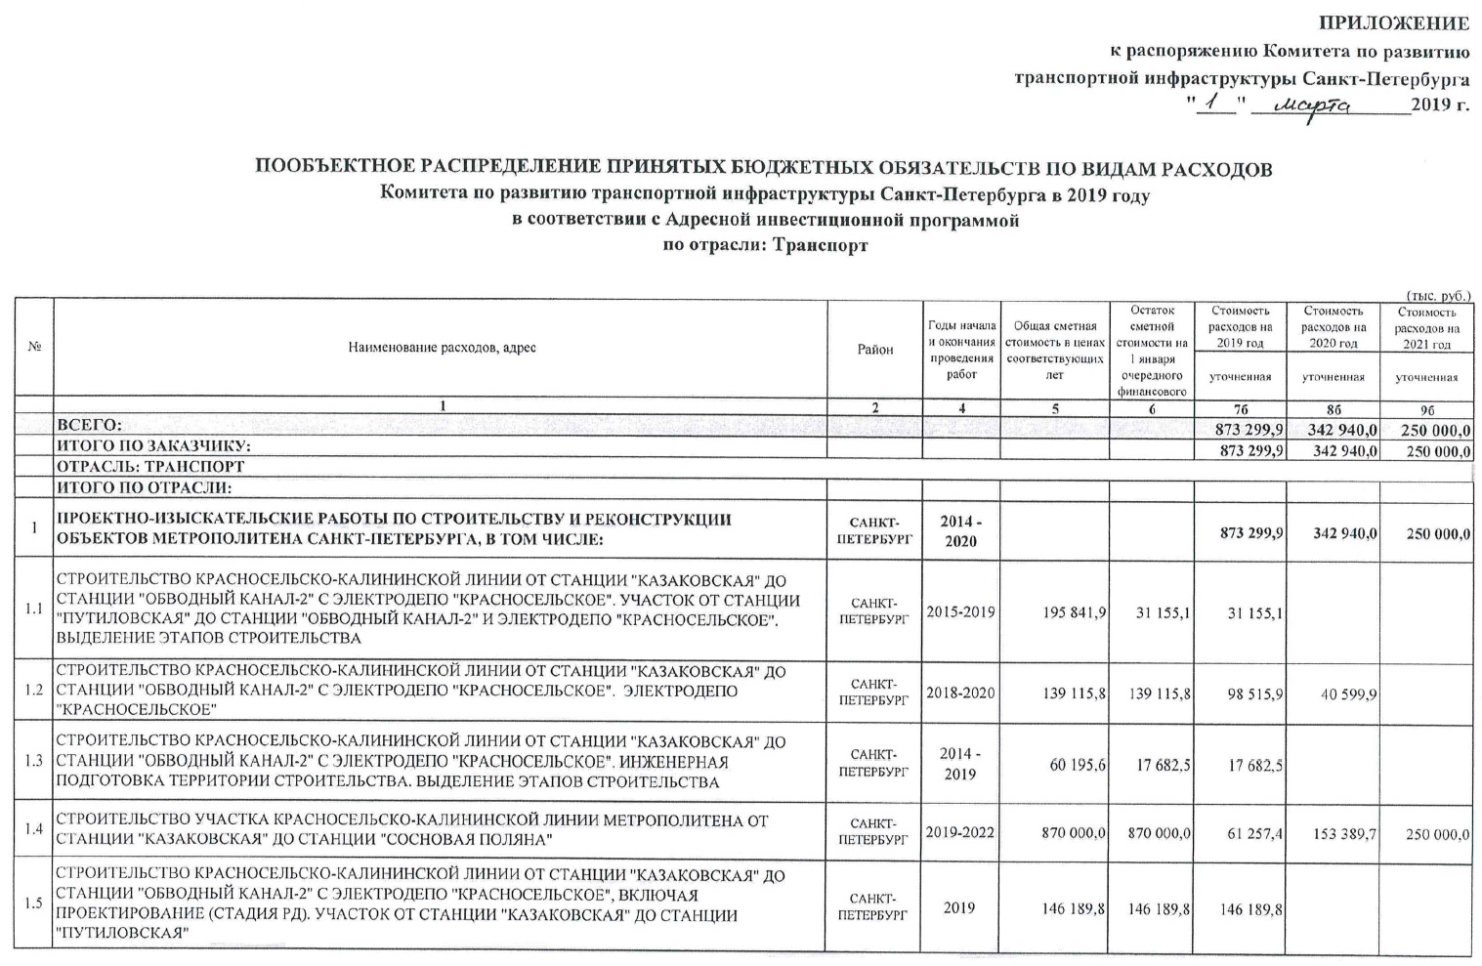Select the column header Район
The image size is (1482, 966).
pyautogui.click(x=875, y=350)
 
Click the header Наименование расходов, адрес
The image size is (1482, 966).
pyautogui.click(x=442, y=349)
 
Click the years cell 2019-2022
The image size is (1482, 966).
pyautogui.click(x=961, y=833)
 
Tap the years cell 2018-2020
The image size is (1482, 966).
pyautogui.click(x=961, y=693)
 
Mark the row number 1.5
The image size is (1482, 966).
pyautogui.click(x=34, y=903)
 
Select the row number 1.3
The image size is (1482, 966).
pyautogui.click(x=34, y=762)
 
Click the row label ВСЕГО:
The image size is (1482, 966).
pyautogui.click(x=90, y=426)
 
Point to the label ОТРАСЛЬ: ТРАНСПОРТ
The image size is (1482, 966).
pyautogui.click(x=150, y=467)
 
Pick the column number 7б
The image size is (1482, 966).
pyautogui.click(x=1240, y=408)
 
